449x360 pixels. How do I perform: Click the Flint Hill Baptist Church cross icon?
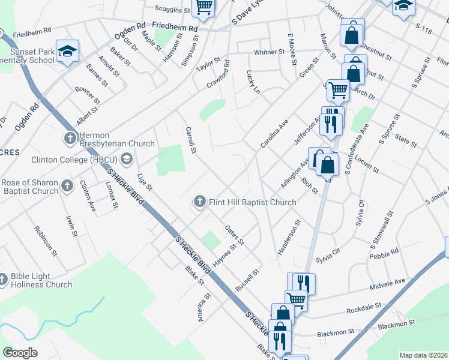click(199, 202)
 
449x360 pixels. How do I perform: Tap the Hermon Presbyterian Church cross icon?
click(70, 138)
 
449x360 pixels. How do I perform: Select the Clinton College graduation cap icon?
click(126, 159)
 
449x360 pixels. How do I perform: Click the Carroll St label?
click(191, 139)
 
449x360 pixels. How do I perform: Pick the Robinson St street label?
click(46, 241)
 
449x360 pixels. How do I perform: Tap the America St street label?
click(204, 307)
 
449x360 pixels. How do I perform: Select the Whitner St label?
click(268, 52)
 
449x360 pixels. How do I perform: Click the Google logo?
click(20, 353)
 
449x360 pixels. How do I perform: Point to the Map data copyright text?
click(423, 355)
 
